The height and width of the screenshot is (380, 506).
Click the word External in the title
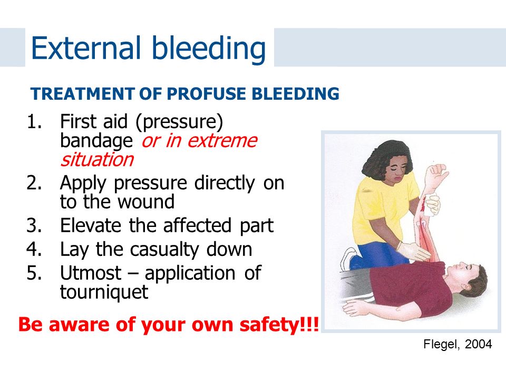pos(86,48)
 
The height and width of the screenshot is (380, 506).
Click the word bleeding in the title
pos(209,50)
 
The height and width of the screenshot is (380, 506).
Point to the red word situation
pos(97,159)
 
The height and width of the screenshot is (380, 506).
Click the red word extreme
pos(222,141)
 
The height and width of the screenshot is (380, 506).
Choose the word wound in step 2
pos(145,202)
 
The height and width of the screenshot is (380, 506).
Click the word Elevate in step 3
pos(91,225)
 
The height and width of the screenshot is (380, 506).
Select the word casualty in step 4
pos(164,250)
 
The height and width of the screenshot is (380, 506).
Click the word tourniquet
pos(104,292)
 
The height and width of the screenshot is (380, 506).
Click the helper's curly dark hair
pos(386,157)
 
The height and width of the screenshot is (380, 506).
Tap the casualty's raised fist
pos(436,175)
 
